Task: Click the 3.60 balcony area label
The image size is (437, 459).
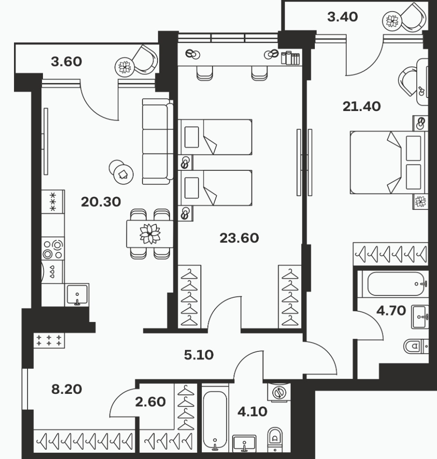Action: tap(67, 62)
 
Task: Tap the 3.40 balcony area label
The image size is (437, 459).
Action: tap(342, 17)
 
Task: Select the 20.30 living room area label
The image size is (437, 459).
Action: tap(101, 202)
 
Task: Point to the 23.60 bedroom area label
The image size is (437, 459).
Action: tap(240, 238)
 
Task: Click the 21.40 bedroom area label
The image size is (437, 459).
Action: tap(362, 107)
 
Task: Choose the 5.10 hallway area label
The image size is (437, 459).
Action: tap(199, 355)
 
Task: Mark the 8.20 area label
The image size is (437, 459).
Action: tap(67, 389)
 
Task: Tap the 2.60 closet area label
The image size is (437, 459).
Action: tap(150, 402)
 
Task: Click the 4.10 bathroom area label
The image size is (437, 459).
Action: tap(252, 412)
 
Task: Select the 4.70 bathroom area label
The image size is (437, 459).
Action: tap(391, 311)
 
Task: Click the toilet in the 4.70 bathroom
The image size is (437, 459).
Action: tap(416, 346)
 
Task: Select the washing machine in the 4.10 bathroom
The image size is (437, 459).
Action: tap(279, 392)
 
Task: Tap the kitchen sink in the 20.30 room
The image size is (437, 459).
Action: tap(77, 294)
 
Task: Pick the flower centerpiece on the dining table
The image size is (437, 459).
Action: tap(150, 234)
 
